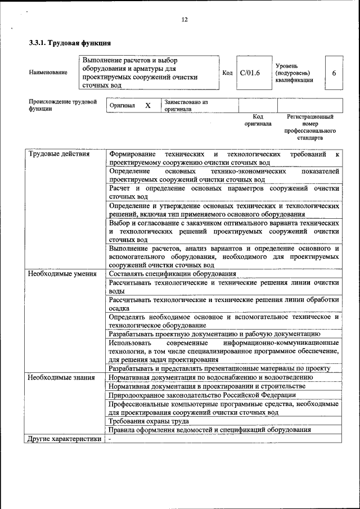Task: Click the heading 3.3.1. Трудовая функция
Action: [x=70, y=43]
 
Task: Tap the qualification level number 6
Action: [x=334, y=73]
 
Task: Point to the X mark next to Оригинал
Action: [x=148, y=106]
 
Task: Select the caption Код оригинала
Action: [x=258, y=120]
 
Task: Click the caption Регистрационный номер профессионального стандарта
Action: [x=309, y=127]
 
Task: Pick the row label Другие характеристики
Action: [x=64, y=439]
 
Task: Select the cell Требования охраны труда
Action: [x=149, y=421]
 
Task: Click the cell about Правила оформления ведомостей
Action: [x=209, y=430]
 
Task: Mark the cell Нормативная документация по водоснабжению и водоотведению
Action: [x=211, y=377]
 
